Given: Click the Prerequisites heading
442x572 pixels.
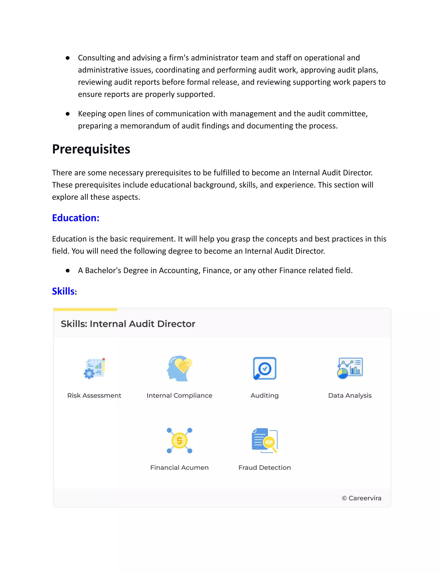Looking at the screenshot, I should click(x=91, y=149).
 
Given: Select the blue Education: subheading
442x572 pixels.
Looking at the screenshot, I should click(x=76, y=218).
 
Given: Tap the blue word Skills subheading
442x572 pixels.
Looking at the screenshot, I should click(x=63, y=291).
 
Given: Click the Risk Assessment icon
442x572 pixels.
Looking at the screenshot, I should click(x=94, y=368).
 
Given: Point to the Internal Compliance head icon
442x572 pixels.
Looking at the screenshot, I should click(x=179, y=368).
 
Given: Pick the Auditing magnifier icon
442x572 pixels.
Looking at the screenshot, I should click(x=264, y=368).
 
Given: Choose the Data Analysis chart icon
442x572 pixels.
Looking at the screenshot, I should click(x=350, y=368).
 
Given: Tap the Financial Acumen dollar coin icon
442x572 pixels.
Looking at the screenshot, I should click(x=179, y=441).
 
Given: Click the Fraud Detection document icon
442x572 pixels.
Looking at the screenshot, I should click(x=264, y=441).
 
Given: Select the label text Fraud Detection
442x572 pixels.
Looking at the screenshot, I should click(x=264, y=468).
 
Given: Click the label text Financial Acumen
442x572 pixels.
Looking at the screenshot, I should click(x=179, y=468).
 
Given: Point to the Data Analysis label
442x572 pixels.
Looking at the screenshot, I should click(x=350, y=395).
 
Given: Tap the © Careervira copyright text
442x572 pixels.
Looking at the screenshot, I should click(x=362, y=498).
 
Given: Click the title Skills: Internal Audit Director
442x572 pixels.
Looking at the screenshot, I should click(x=128, y=324).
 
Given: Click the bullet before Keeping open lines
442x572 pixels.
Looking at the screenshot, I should click(x=68, y=114).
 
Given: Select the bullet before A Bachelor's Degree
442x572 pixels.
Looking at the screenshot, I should click(x=68, y=270).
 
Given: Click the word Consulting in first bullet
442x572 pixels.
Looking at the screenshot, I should click(x=96, y=58).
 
